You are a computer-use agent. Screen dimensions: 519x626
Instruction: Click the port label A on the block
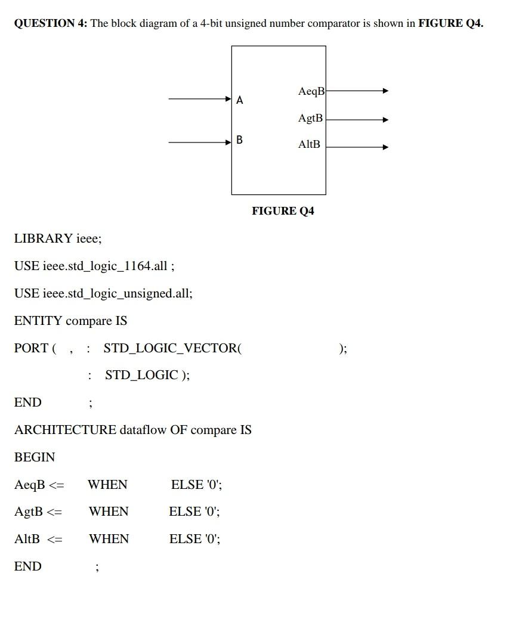pyautogui.click(x=239, y=100)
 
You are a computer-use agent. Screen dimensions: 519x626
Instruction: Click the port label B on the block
pyautogui.click(x=239, y=140)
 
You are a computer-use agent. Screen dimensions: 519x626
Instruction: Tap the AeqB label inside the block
pyautogui.click(x=311, y=91)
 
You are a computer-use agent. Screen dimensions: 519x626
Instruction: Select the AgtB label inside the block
pyautogui.click(x=310, y=118)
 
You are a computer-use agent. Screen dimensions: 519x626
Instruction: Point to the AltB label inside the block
pyautogui.click(x=309, y=144)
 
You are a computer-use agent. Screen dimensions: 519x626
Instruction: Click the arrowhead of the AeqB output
pyautogui.click(x=385, y=91)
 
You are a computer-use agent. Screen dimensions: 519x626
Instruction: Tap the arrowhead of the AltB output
pyautogui.click(x=385, y=147)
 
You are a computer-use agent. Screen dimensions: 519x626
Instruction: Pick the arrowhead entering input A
pyautogui.click(x=229, y=99)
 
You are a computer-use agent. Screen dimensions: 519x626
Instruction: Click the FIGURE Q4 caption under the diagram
pyautogui.click(x=283, y=211)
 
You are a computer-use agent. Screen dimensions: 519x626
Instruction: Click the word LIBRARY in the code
pyautogui.click(x=44, y=238)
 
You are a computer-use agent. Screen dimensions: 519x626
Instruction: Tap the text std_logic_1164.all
pyautogui.click(x=105, y=266)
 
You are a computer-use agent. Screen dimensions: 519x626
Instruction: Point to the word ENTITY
pyautogui.click(x=38, y=321)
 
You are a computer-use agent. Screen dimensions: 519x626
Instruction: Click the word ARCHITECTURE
pyautogui.click(x=65, y=430)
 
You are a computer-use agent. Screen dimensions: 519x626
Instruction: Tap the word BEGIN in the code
pyautogui.click(x=35, y=457)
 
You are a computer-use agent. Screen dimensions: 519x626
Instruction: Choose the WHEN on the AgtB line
pyautogui.click(x=109, y=512)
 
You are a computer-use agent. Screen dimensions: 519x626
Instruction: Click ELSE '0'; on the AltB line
pyautogui.click(x=194, y=539)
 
